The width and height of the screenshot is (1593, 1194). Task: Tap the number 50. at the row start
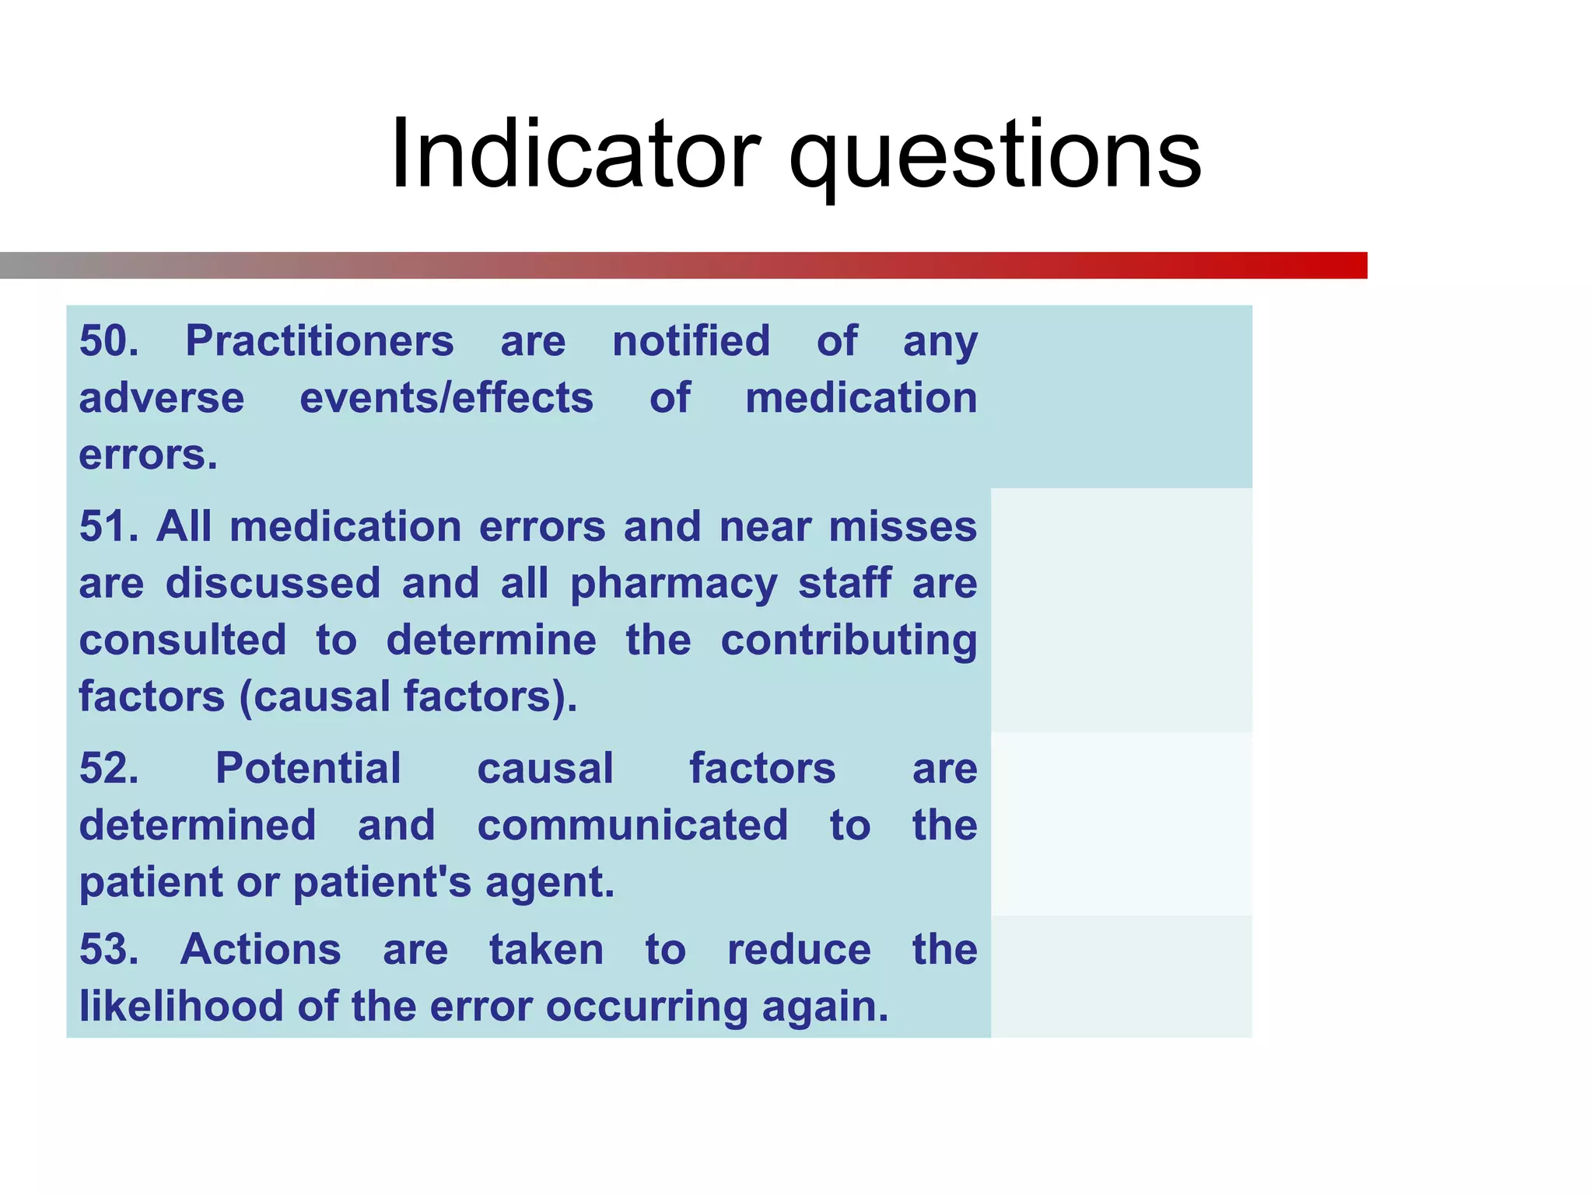point(110,340)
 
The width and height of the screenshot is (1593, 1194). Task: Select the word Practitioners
point(319,340)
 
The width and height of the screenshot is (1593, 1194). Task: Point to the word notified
point(691,340)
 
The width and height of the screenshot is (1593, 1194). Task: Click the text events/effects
point(446,398)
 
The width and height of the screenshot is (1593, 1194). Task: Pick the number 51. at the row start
point(110,526)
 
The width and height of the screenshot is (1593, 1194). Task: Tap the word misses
point(902,526)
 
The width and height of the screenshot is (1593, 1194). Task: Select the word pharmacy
point(674,584)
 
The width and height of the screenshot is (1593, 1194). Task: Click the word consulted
point(183,640)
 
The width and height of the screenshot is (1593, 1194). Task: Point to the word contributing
point(849,641)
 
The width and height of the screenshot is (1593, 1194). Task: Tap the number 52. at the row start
point(110,768)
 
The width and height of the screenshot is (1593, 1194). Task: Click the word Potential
point(308,768)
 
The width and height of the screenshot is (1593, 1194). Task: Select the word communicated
point(632,825)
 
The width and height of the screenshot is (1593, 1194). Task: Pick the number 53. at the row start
point(110,949)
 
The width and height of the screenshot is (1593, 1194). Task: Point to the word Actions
point(261,949)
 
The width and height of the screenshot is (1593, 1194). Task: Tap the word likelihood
point(181,1006)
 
